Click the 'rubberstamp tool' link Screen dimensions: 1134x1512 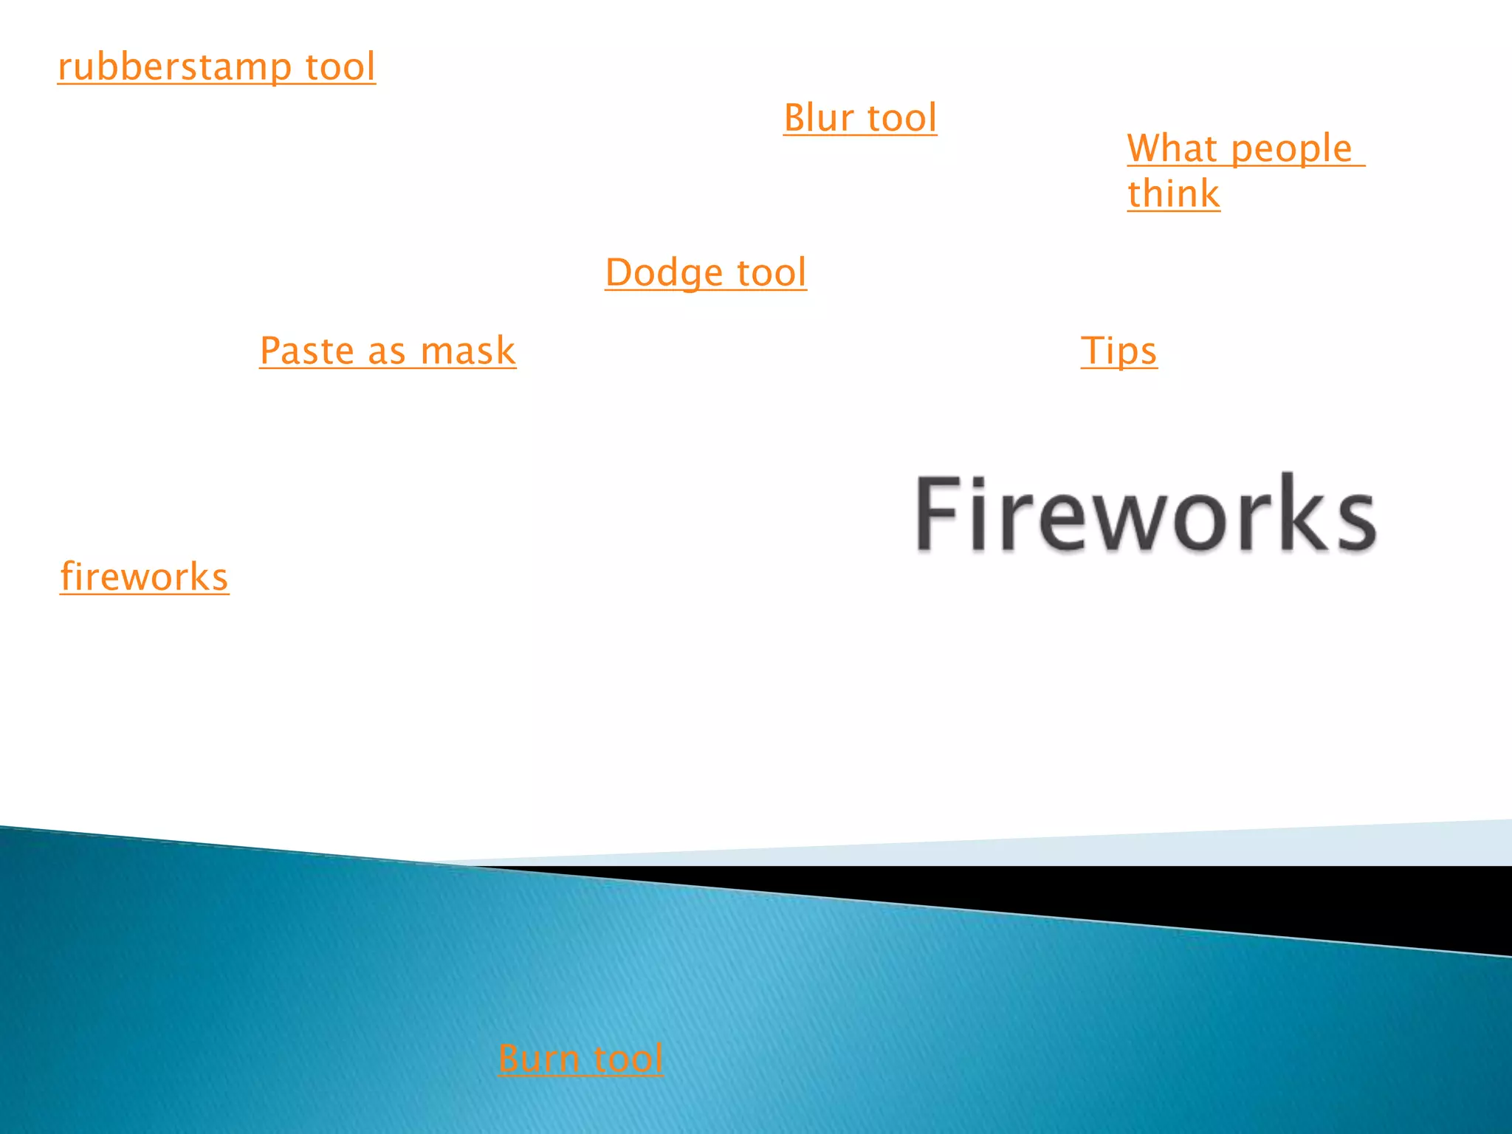click(216, 67)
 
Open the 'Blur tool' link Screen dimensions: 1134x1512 click(860, 118)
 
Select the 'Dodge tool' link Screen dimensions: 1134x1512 click(706, 272)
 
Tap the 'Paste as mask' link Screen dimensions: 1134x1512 click(388, 351)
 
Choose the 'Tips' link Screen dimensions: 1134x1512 click(1118, 351)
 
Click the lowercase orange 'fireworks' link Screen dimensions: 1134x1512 click(144, 577)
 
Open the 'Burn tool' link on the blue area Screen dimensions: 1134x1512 click(580, 1058)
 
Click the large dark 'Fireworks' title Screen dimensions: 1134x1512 click(1146, 514)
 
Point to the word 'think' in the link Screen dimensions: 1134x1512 click(1173, 194)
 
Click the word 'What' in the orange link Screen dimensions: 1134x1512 click(1172, 148)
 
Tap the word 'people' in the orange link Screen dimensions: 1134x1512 click(1291, 150)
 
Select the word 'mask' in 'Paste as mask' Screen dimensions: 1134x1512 click(467, 351)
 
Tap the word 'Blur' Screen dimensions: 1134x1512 click(818, 118)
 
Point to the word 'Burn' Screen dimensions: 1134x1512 click(539, 1058)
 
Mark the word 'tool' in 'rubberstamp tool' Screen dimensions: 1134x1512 click(340, 67)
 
